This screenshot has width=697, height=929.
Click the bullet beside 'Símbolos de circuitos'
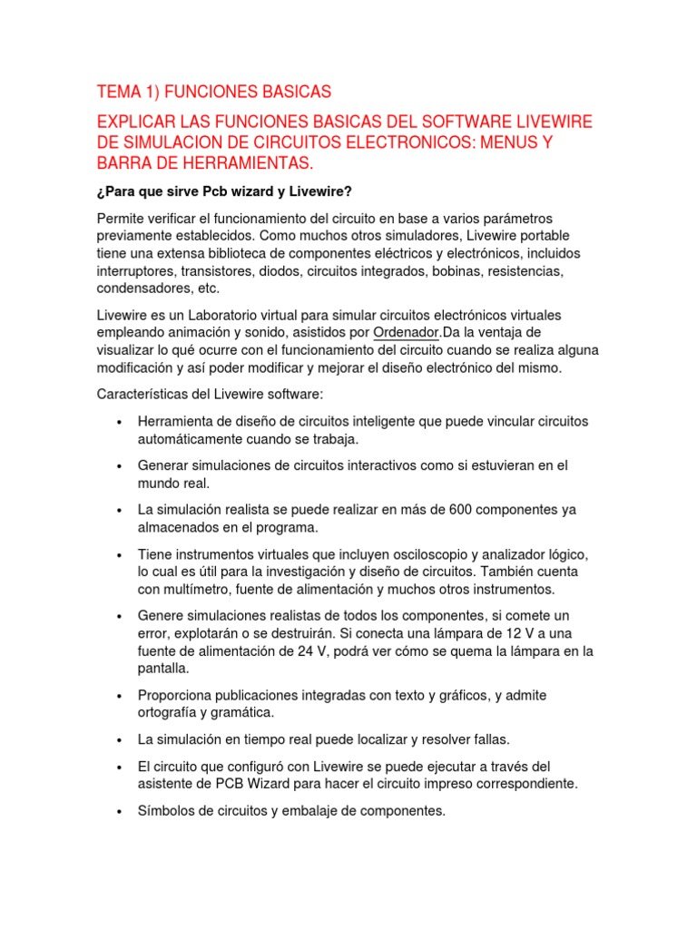pyautogui.click(x=120, y=811)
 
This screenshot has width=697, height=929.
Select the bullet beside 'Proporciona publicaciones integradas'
pyautogui.click(x=120, y=696)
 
